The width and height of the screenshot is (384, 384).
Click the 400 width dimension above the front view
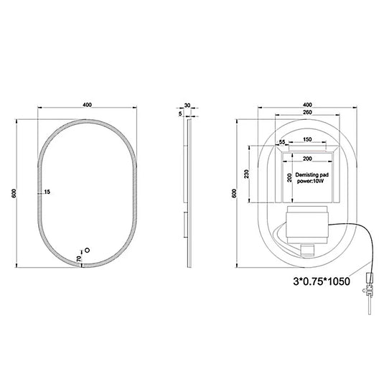tap(87, 105)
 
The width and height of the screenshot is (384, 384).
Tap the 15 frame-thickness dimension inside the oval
tap(48, 192)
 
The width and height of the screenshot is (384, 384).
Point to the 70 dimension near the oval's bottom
tap(79, 258)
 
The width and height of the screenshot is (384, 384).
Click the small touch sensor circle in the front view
tap(88, 251)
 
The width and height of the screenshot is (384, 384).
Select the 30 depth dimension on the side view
tap(187, 105)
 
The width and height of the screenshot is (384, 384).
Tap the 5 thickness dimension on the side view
tap(179, 113)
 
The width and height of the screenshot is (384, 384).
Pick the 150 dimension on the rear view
tap(306, 139)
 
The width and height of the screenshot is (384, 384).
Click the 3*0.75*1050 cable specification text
tap(321, 281)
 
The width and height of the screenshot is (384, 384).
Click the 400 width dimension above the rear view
tap(307, 105)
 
